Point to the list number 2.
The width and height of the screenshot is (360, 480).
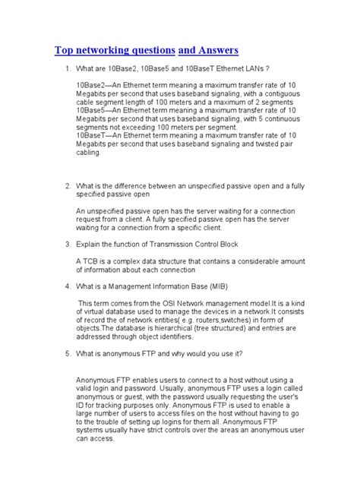tap(67, 185)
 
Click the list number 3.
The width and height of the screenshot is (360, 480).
tap(67, 244)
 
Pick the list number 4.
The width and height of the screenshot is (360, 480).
tap(67, 286)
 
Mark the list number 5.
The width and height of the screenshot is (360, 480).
tap(67, 354)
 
